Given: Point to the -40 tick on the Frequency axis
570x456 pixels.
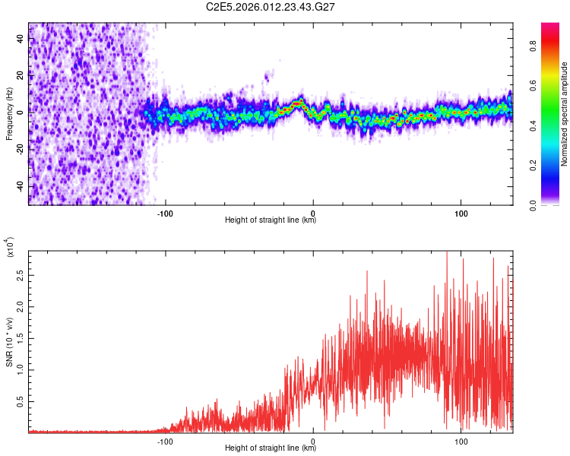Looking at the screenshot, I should (x=20, y=186).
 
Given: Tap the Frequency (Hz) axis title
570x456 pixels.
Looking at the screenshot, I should (x=9, y=113).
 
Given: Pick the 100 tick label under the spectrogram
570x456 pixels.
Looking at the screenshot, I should (x=461, y=213).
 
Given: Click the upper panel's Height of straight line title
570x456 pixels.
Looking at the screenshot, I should (x=271, y=221).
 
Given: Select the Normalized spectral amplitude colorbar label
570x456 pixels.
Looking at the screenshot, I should (x=565, y=113).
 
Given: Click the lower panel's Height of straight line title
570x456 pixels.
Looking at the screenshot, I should (x=271, y=448).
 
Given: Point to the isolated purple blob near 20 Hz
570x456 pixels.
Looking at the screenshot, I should (x=267, y=75).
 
